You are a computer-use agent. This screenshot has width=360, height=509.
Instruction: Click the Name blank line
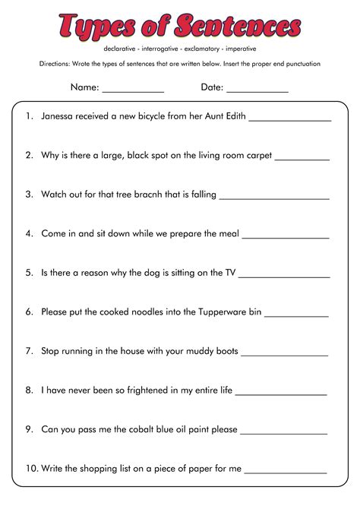pyautogui.click(x=133, y=89)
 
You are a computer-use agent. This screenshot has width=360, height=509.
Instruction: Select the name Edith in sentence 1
pyautogui.click(x=231, y=116)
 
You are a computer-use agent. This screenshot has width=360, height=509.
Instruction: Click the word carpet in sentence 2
pyautogui.click(x=256, y=155)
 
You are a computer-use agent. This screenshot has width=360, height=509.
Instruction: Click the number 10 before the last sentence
pyautogui.click(x=30, y=468)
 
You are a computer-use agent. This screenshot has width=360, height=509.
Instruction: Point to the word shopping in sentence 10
pyautogui.click(x=111, y=468)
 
